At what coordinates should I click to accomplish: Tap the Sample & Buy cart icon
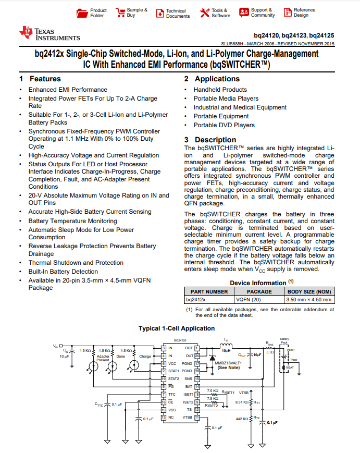120,13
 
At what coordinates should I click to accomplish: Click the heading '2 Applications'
212,79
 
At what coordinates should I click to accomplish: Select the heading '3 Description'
210,140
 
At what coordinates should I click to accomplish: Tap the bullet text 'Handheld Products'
220,90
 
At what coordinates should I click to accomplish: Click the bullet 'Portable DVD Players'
224,125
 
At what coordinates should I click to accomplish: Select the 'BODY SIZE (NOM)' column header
309,291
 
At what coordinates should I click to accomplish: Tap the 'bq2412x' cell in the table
196,300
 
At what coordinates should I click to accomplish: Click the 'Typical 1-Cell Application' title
177,328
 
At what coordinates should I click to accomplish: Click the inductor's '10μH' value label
226,351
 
